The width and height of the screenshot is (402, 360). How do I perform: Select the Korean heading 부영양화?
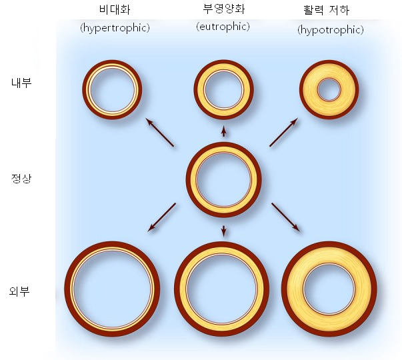pyautogui.click(x=223, y=10)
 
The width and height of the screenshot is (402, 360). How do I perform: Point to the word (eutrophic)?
pyautogui.click(x=223, y=27)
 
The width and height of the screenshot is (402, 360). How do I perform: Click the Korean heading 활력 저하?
pyautogui.click(x=331, y=10)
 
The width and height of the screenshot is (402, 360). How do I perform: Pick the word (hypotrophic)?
pyautogui.click(x=331, y=31)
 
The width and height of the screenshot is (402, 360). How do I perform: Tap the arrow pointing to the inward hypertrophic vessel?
pyautogui.click(x=160, y=133)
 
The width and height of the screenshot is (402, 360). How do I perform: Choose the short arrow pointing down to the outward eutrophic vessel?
pyautogui.click(x=223, y=231)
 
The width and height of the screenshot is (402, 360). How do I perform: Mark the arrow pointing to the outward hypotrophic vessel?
pyautogui.click(x=285, y=217)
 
